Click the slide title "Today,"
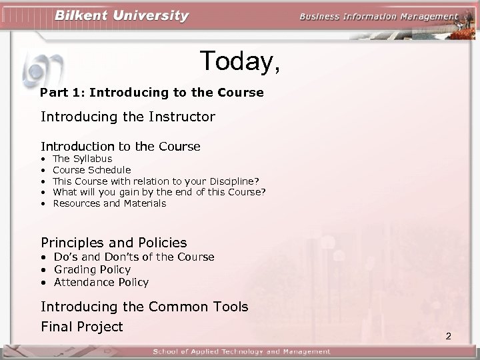coord(239,62)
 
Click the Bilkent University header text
coord(121,15)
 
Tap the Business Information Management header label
coord(379,17)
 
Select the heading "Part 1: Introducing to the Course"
coord(151,92)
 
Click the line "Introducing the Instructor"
coord(127,117)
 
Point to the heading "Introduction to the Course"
coord(120,146)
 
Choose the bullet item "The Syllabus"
coord(82,159)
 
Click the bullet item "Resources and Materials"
coord(109,203)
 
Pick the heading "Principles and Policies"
coord(113,243)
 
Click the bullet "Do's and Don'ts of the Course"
coord(134,257)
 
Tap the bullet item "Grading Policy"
coord(92,269)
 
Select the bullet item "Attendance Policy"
coord(101,282)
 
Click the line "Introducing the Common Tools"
coord(144,307)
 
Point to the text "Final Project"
coord(82,327)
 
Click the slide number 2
coord(448,336)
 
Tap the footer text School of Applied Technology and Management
coord(241,351)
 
